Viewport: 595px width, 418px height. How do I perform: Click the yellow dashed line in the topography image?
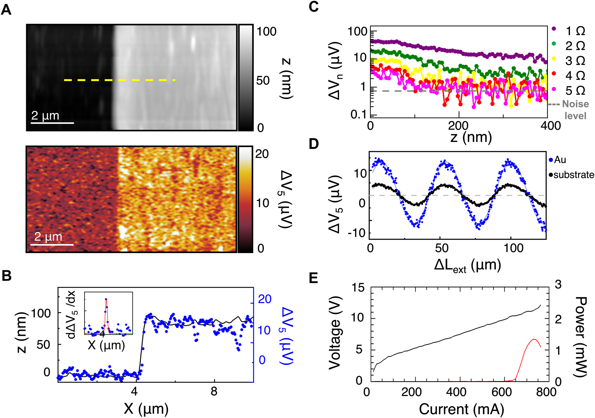[x=119, y=80]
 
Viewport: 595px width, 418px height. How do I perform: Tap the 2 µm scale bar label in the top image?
[x=45, y=116]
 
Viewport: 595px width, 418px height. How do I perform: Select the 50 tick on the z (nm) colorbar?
[x=263, y=80]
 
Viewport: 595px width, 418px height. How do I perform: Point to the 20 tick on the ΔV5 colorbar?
[x=262, y=154]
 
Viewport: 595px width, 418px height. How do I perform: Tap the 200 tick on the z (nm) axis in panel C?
[x=458, y=126]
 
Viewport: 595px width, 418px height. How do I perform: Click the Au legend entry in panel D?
[x=560, y=160]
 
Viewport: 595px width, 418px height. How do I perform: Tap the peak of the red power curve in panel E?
[x=534, y=339]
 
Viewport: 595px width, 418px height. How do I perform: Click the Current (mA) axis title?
[x=461, y=409]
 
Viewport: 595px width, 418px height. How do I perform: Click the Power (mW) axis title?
[x=581, y=336]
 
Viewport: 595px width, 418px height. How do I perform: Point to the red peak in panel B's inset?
[x=106, y=299]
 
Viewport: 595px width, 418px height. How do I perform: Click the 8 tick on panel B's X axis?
[x=214, y=391]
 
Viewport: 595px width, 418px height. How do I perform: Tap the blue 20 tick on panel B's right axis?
[x=264, y=299]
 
